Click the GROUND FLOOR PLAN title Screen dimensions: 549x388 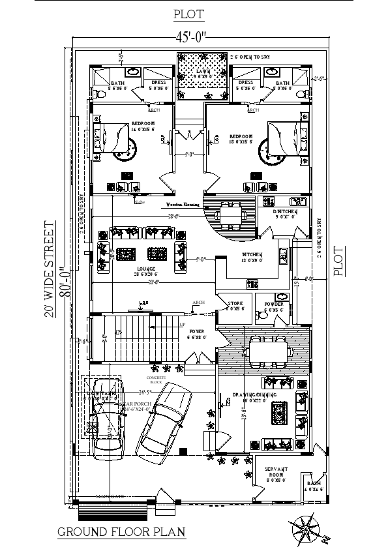coord(121,532)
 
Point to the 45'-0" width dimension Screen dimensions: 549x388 coord(190,37)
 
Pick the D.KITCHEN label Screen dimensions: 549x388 coord(286,213)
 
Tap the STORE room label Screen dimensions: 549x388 coord(235,304)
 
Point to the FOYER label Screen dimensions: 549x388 coord(196,332)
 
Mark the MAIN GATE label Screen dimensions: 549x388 coord(110,497)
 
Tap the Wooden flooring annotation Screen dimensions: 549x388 coord(183,204)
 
